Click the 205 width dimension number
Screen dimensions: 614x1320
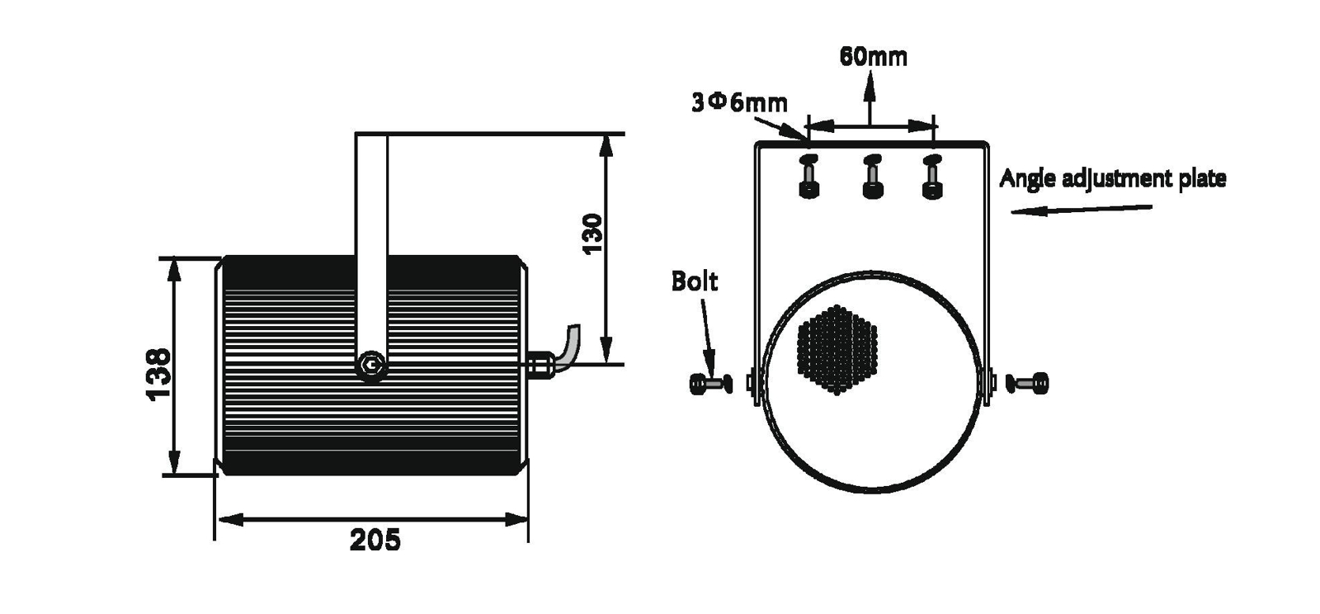click(x=375, y=540)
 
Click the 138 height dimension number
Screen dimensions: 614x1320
click(x=158, y=374)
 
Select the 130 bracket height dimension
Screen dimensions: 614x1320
click(x=593, y=234)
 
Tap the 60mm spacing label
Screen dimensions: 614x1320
click(x=873, y=56)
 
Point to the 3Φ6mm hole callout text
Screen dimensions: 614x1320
click(x=739, y=102)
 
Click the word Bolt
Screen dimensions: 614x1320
click(x=694, y=281)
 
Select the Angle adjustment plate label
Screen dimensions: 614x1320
click(x=1112, y=178)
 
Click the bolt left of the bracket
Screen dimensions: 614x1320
click(x=710, y=383)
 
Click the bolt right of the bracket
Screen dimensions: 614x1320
click(x=1028, y=383)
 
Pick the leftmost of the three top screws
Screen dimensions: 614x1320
click(x=809, y=177)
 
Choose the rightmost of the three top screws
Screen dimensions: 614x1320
click(x=931, y=177)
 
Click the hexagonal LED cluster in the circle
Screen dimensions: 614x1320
click(x=837, y=347)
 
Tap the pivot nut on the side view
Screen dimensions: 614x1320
click(x=372, y=365)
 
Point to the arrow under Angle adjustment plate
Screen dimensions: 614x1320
click(x=1081, y=210)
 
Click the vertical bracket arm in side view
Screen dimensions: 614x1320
click(x=371, y=239)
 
